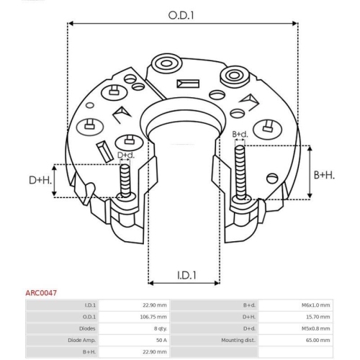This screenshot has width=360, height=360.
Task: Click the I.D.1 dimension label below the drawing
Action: tap(187, 274)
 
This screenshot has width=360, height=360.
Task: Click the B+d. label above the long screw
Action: tap(240, 135)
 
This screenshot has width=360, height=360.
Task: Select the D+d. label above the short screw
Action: tap(126, 155)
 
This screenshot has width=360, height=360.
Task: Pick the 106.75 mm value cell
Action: tap(154, 317)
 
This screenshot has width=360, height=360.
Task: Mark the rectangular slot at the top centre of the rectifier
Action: tap(192, 83)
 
